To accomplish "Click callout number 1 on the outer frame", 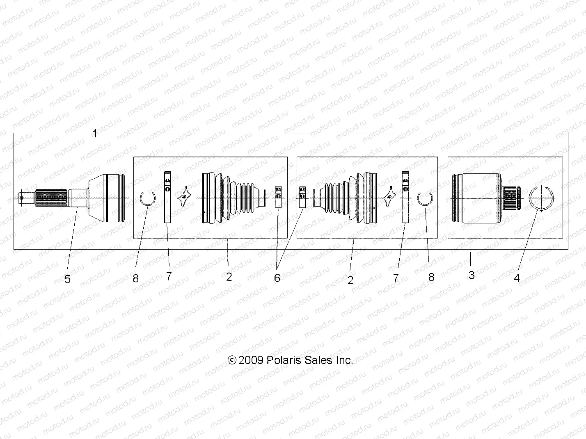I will click(x=95, y=133).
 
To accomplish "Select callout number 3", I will click(x=471, y=275).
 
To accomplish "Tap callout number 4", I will click(x=517, y=278).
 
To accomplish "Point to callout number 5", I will click(x=67, y=279).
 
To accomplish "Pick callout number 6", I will click(x=277, y=278).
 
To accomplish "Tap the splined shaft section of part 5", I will click(x=51, y=198).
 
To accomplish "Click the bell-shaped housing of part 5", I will click(x=105, y=198).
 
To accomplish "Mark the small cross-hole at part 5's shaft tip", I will click(x=22, y=198).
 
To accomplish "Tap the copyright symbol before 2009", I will click(x=232, y=360).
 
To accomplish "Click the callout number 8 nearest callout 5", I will click(x=135, y=278).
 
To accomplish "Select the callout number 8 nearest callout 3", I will click(x=431, y=277).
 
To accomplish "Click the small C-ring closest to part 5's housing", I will click(x=147, y=199).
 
